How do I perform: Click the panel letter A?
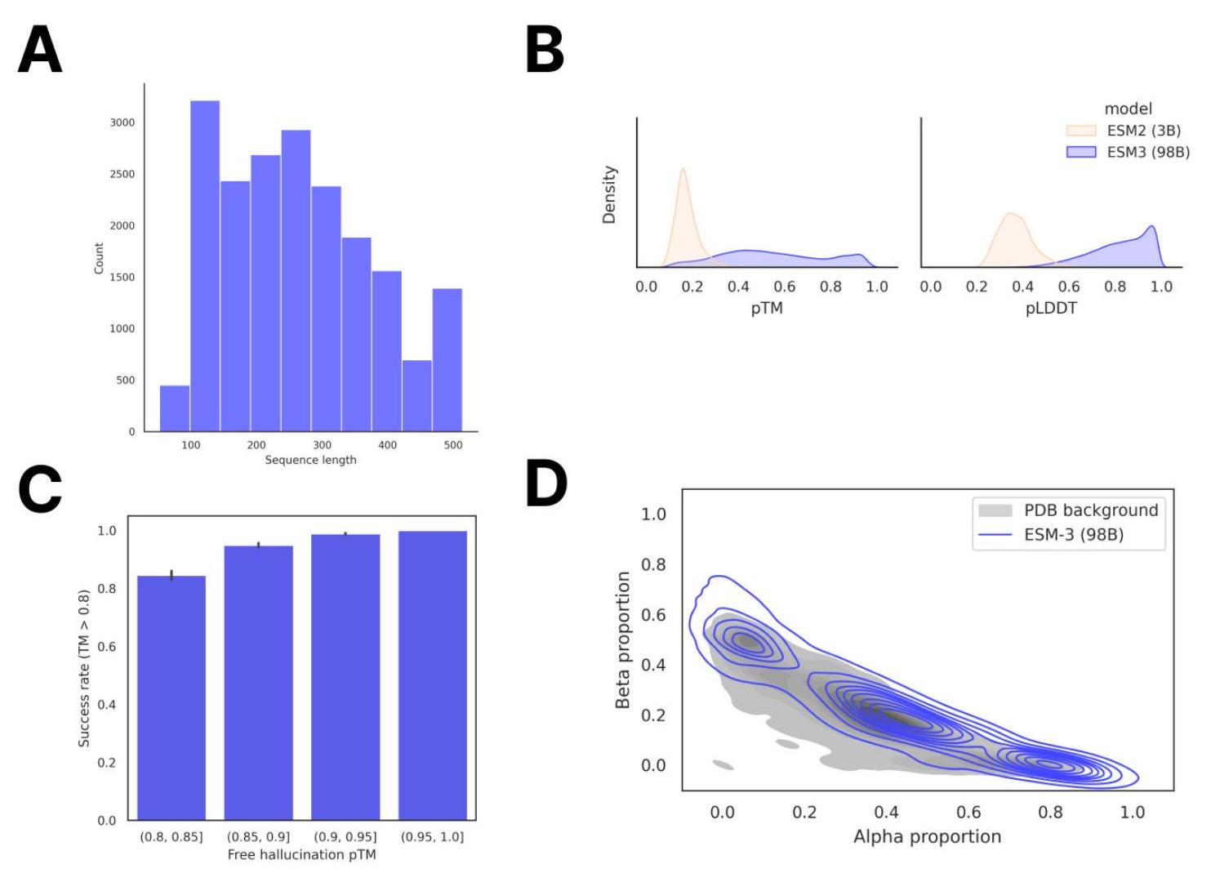tap(40, 50)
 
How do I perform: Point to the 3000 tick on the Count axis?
tap(122, 122)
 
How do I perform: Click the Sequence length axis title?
tap(310, 460)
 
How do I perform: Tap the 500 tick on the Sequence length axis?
tap(452, 445)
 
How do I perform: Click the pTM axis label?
tap(767, 308)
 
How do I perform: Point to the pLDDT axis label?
tap(1051, 308)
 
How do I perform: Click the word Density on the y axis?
tap(609, 195)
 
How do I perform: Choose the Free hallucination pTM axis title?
tap(301, 854)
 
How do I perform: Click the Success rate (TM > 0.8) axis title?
tap(84, 668)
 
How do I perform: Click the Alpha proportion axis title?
tap(927, 836)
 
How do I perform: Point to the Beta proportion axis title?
tap(623, 639)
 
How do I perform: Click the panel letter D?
tap(546, 483)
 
